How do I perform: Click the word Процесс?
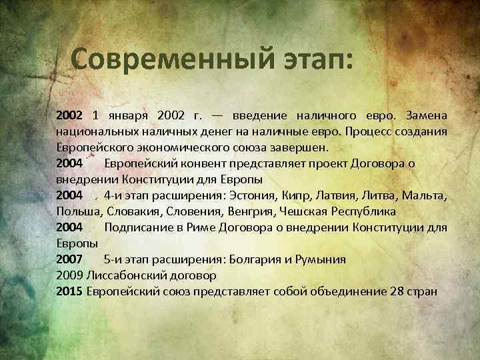coord(371,132)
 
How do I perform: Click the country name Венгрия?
coord(256,212)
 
